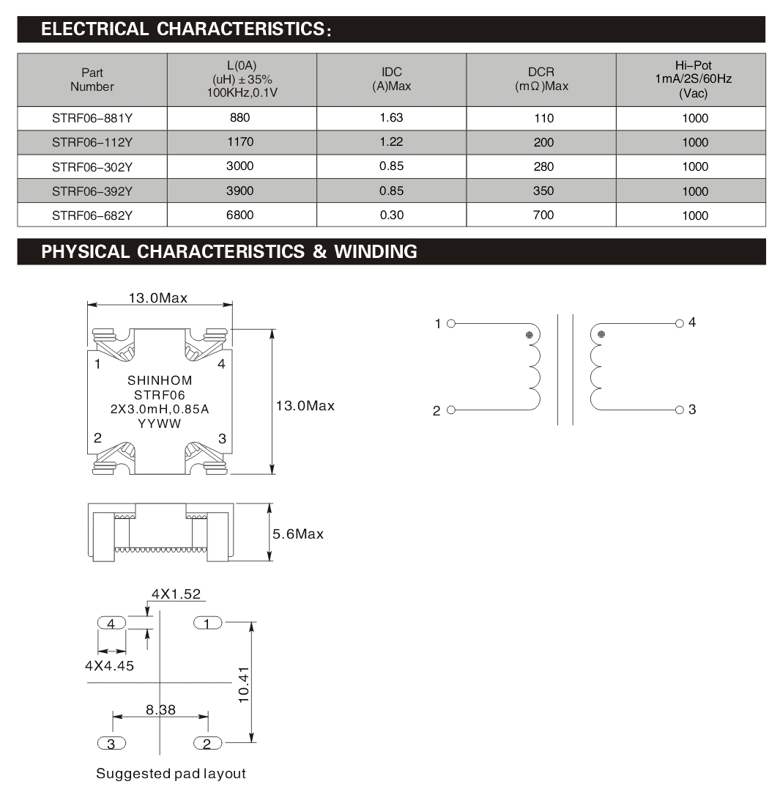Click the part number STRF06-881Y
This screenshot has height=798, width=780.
click(92, 118)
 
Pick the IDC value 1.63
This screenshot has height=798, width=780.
click(392, 118)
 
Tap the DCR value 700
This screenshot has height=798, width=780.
click(543, 215)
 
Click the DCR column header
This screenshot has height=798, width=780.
click(541, 79)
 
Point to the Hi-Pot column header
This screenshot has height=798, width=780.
click(693, 79)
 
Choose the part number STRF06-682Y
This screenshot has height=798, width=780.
click(92, 215)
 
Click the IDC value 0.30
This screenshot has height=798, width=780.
click(392, 215)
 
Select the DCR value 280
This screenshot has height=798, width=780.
click(543, 166)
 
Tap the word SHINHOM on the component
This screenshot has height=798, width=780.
click(160, 380)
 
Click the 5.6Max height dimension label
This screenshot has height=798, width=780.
click(298, 534)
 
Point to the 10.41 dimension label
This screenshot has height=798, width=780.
click(245, 684)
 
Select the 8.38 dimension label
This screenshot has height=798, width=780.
click(160, 709)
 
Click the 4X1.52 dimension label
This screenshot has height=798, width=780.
click(176, 594)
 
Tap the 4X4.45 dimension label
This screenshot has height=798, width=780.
click(109, 666)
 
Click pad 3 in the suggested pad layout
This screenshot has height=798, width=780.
click(111, 744)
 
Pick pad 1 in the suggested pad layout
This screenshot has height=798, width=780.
click(208, 623)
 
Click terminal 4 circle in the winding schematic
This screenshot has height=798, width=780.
click(679, 323)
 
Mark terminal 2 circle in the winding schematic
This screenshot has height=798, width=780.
click(451, 410)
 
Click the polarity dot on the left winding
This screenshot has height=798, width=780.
click(529, 335)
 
